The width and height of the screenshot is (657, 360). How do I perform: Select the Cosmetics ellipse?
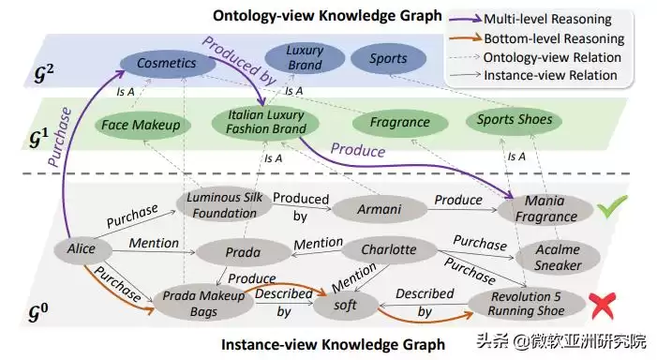point(166,63)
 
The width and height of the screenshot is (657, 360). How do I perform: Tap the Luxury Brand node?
point(304,57)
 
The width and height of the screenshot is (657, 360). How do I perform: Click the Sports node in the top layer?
point(388,59)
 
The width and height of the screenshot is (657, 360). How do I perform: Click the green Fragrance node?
point(398,123)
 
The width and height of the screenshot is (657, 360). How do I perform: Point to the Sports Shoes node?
point(513,120)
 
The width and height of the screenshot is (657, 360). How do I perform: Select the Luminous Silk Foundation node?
point(223,205)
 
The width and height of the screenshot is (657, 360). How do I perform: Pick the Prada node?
point(243,251)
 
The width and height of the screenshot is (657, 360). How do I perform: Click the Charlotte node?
point(390,250)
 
